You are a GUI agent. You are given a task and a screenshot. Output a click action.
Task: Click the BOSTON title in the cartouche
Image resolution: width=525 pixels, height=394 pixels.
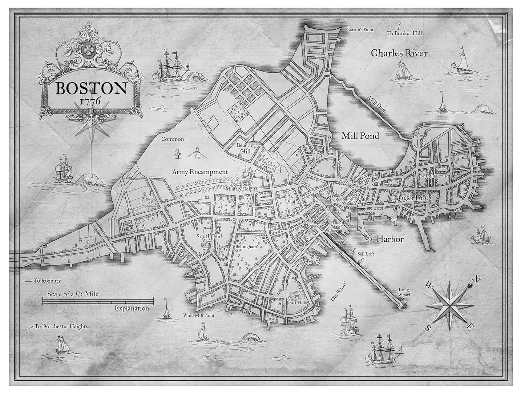pos(91,88)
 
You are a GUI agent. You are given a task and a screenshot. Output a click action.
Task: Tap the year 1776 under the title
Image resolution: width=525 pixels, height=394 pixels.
pos(91,101)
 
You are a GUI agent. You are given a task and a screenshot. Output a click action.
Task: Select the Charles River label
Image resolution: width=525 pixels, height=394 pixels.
pos(399,53)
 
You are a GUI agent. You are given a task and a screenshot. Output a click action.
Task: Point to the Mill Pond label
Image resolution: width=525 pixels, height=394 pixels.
pos(360,136)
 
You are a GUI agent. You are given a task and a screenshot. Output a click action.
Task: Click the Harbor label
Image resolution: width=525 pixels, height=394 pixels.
pos(390,239)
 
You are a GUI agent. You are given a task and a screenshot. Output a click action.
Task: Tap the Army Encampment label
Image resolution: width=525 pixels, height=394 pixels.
pos(200,172)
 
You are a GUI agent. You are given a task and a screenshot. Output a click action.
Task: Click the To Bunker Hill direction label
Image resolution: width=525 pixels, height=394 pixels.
pos(404,33)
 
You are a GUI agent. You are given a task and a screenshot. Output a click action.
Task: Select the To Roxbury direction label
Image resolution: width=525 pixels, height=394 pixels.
pos(47,281)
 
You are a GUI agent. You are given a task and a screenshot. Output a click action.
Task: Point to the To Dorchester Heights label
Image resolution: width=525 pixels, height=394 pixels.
pos(61,326)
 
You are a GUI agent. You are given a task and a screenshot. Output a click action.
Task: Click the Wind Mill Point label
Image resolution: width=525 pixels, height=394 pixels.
pos(199,315)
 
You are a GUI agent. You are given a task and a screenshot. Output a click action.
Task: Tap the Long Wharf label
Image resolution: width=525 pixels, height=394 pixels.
pos(404,292)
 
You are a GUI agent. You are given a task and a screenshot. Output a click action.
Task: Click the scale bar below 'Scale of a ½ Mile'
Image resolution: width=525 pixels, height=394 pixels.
pos(98,301)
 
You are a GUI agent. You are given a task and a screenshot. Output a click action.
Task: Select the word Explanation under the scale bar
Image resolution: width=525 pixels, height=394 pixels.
pos(132,308)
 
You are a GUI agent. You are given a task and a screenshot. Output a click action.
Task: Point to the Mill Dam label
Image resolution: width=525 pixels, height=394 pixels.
pos(376,104)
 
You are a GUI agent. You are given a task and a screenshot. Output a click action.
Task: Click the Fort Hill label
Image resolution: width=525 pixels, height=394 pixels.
pos(296,302)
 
